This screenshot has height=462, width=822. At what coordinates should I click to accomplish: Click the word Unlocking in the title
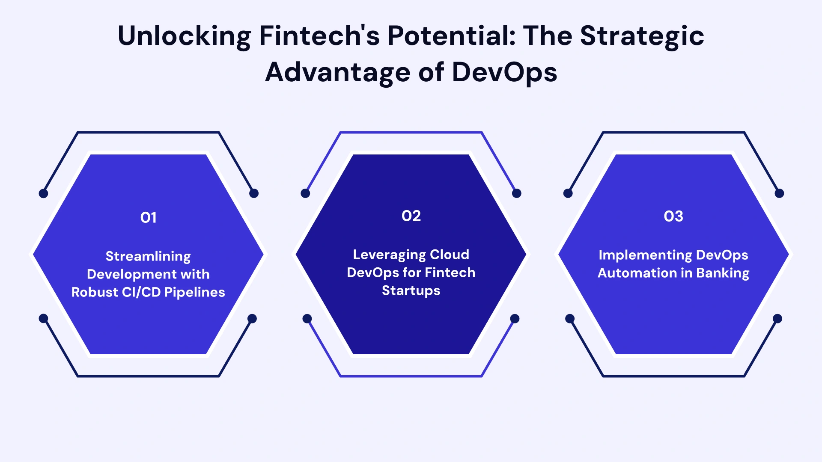(x=184, y=36)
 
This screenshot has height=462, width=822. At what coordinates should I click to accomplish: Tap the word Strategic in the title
(x=642, y=36)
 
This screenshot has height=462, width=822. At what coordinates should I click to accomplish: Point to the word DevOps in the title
(x=504, y=72)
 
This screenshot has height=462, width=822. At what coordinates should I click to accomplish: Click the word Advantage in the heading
(x=338, y=72)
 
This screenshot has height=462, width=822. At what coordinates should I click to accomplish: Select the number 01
(x=149, y=218)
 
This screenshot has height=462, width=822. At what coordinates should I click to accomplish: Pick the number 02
(x=411, y=216)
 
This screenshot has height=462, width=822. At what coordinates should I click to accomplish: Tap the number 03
(x=673, y=216)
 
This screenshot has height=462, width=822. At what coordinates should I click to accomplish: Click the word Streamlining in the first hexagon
(x=148, y=256)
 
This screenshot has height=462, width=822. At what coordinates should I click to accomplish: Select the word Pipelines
(x=195, y=292)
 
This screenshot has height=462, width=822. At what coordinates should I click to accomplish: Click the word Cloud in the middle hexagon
(x=450, y=255)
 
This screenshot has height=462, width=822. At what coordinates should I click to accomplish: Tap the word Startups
(x=411, y=290)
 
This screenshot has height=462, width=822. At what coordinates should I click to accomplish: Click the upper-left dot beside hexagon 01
(x=43, y=193)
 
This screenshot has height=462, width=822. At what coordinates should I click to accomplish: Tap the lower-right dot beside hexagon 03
(x=777, y=319)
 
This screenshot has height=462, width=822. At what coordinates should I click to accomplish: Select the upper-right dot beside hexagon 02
(x=517, y=193)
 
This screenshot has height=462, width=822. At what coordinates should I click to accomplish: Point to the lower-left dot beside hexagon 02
(x=307, y=319)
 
